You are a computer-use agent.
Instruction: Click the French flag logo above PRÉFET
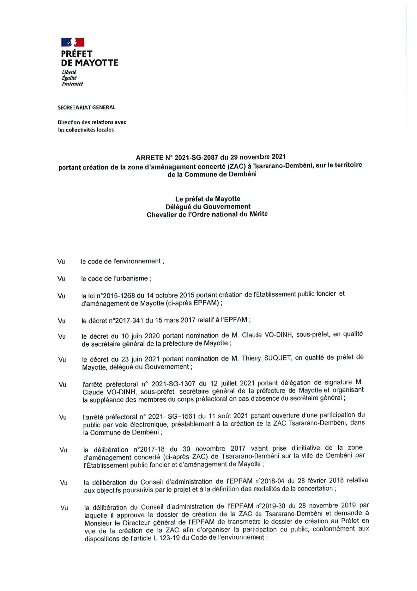click(x=73, y=42)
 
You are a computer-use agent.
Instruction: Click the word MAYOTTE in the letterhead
click(x=96, y=63)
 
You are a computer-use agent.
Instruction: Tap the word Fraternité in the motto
click(x=72, y=84)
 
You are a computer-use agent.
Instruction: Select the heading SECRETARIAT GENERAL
click(x=86, y=108)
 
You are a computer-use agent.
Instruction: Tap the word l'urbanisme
click(x=130, y=279)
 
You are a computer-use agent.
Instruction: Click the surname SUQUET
click(x=278, y=358)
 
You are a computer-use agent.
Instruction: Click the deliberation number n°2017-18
click(x=149, y=449)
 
